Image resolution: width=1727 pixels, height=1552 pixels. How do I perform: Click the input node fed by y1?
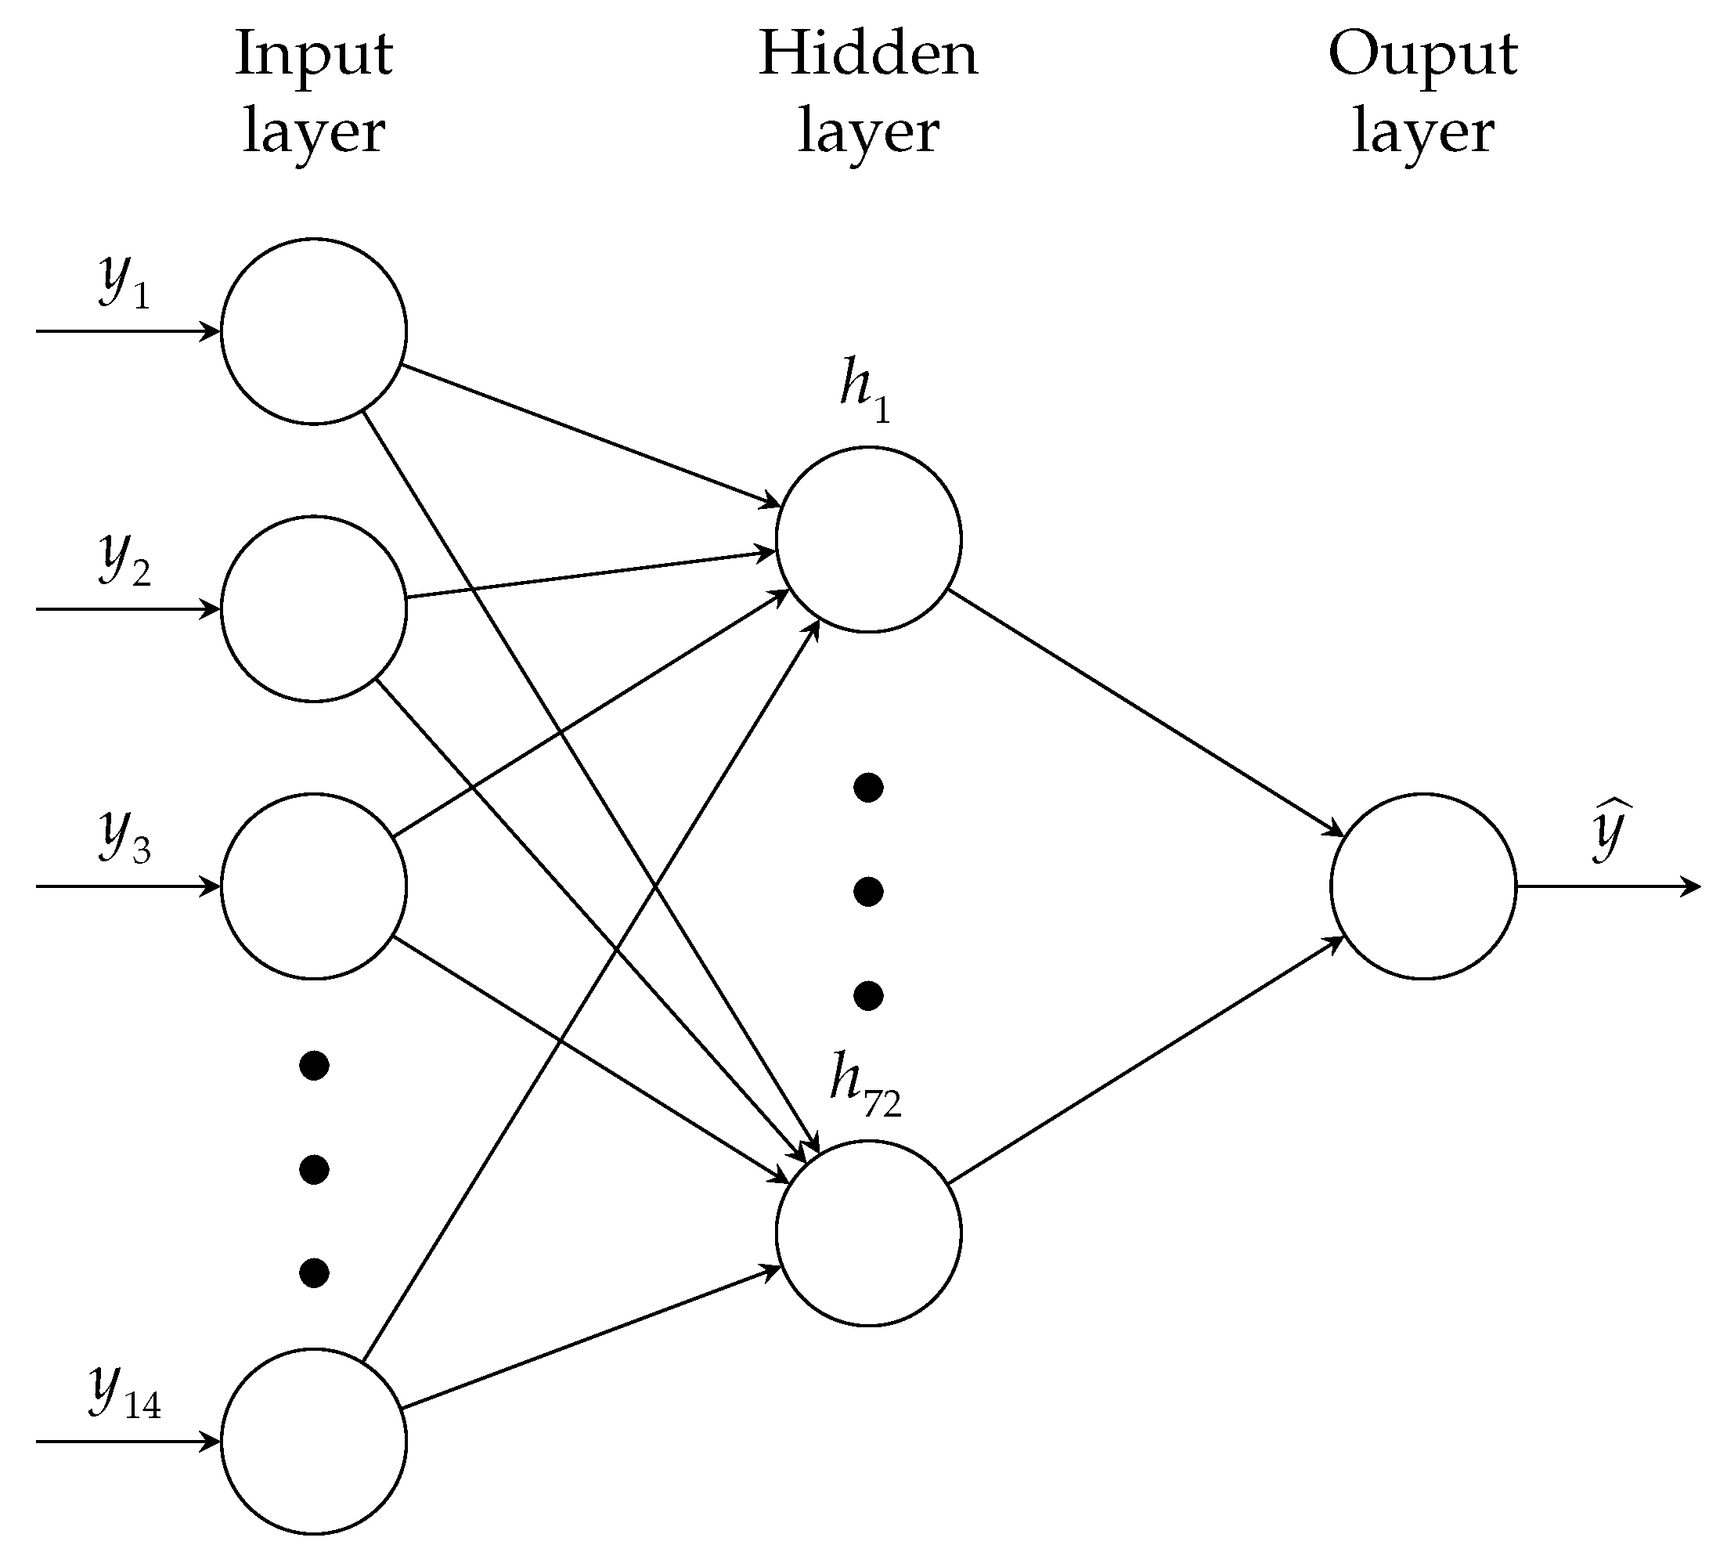click(314, 331)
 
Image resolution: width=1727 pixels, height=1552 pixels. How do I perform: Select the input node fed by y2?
click(314, 609)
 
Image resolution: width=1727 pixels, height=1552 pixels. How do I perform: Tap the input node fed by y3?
click(314, 886)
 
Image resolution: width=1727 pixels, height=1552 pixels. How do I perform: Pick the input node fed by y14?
click(314, 1441)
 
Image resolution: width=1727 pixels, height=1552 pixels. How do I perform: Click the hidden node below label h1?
click(869, 539)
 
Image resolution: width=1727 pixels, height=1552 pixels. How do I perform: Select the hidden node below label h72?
click(869, 1233)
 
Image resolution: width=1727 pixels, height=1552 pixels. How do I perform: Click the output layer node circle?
click(1422, 886)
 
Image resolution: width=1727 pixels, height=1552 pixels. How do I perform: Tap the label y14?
click(124, 1391)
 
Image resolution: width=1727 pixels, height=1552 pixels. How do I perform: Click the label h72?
click(864, 1084)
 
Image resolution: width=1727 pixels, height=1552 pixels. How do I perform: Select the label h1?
click(864, 391)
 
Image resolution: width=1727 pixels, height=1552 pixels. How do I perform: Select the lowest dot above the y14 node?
click(314, 1273)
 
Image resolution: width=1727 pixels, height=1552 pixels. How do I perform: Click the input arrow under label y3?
click(128, 886)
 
